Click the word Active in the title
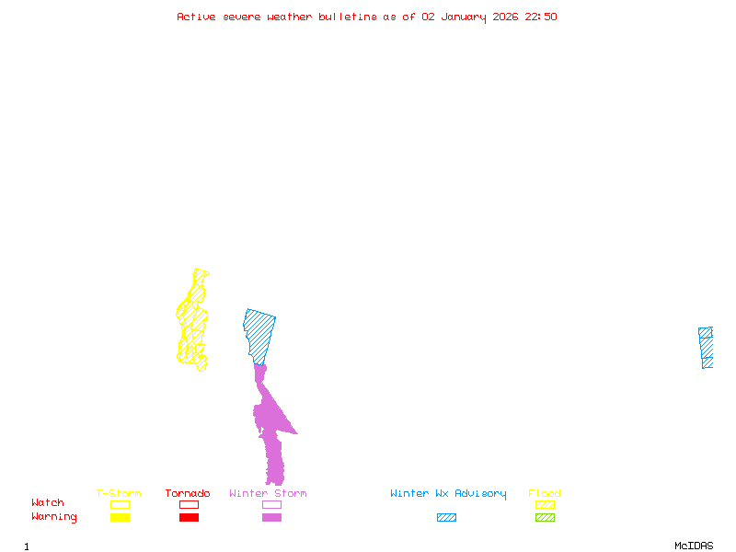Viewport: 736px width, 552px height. tap(196, 17)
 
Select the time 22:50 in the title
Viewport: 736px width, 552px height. tap(541, 17)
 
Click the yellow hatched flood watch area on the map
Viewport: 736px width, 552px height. tap(193, 322)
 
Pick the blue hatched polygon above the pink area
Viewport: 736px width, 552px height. tap(260, 331)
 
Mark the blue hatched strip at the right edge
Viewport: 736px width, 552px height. tap(706, 347)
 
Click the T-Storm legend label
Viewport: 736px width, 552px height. tap(119, 494)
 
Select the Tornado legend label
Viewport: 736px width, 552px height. tap(188, 494)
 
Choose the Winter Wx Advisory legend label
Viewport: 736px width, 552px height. tap(448, 494)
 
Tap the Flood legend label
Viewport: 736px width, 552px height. tap(544, 494)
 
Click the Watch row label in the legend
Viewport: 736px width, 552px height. tap(48, 503)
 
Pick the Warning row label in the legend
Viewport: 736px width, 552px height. tap(54, 517)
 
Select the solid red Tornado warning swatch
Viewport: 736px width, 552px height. tap(189, 518)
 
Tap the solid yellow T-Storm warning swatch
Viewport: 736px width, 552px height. tap(120, 518)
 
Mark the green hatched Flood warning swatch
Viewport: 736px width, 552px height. tap(545, 518)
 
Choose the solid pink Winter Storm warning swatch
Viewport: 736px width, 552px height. tap(271, 518)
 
